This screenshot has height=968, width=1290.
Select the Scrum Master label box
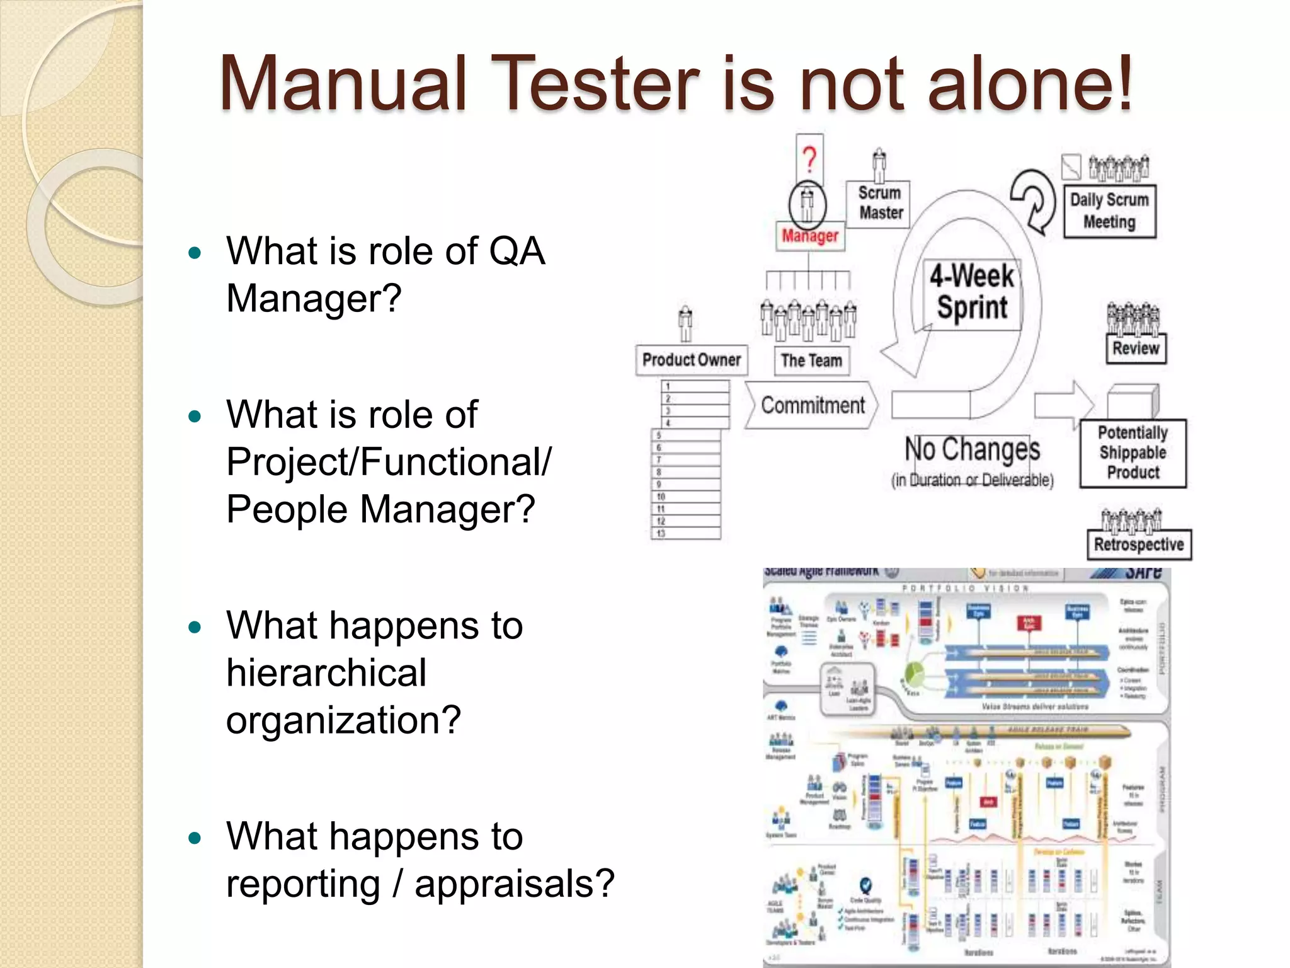880,203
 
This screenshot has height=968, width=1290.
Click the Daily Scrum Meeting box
1109,211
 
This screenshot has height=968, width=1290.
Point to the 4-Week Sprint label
972,292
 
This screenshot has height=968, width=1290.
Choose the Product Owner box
691,360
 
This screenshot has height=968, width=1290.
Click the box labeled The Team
811,360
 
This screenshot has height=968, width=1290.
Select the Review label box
1136,349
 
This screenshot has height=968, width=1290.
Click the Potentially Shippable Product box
1133,453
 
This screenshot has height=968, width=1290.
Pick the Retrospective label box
1139,544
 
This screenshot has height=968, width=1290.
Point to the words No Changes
972,449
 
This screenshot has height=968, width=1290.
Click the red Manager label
810,236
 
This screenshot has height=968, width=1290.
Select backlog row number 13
685,534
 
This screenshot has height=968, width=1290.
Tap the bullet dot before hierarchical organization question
195,627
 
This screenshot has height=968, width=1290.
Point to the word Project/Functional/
389,462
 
